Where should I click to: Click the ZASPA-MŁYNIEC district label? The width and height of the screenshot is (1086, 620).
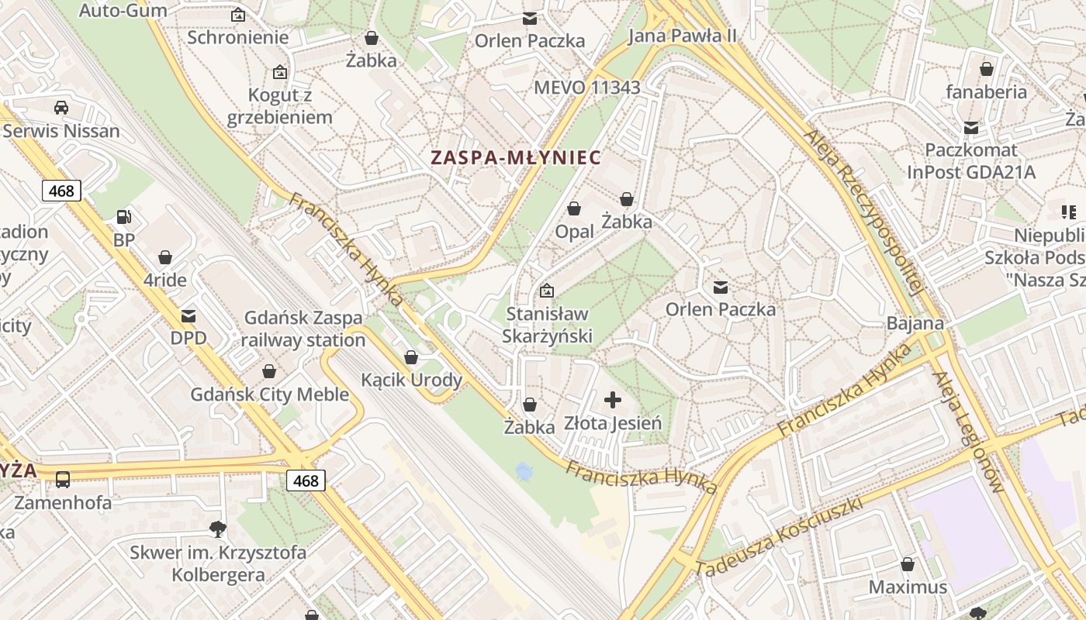(516, 157)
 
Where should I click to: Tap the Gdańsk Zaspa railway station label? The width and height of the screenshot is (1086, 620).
(303, 329)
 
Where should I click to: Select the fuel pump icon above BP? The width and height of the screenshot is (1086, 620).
(123, 217)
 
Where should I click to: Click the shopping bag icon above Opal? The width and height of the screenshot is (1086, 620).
(574, 208)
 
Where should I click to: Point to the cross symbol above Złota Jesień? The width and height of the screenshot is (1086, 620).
(613, 400)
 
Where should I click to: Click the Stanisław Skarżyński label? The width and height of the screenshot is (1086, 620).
(547, 325)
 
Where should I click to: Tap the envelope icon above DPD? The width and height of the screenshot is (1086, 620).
(188, 316)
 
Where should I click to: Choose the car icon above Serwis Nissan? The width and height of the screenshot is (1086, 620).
(61, 108)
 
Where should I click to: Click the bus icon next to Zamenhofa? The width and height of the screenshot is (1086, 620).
(63, 480)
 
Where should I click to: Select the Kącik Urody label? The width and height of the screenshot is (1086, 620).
(411, 380)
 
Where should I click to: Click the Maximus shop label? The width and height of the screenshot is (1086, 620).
(908, 587)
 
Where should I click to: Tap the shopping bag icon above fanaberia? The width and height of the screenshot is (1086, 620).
(986, 70)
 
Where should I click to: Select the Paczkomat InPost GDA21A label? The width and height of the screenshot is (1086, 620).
(970, 160)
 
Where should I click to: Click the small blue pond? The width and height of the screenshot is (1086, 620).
(524, 470)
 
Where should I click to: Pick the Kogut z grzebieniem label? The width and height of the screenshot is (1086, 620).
(279, 106)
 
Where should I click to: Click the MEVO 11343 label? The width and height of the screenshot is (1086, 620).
(587, 88)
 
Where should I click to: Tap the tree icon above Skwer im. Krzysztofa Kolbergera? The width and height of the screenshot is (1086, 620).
(218, 529)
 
